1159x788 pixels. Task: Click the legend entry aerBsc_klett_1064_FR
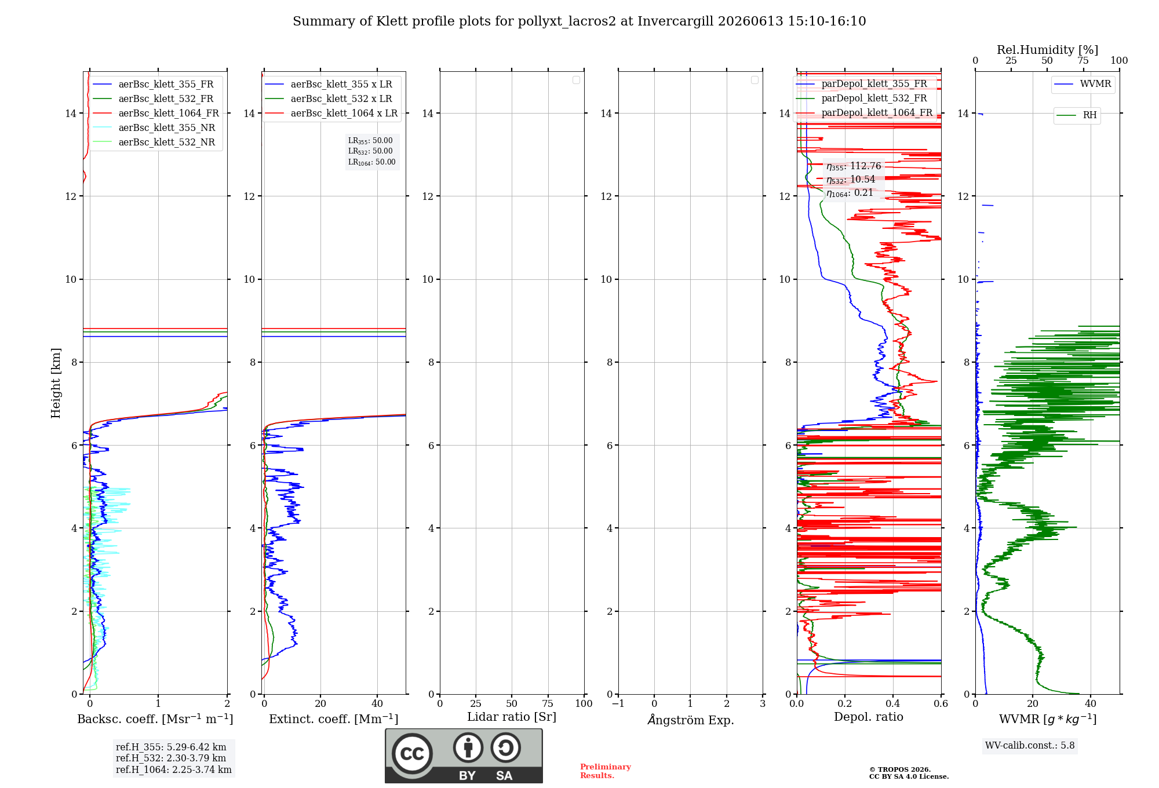pyautogui.click(x=156, y=113)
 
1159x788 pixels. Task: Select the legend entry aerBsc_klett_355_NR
pyautogui.click(x=154, y=127)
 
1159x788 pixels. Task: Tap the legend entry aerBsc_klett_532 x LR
pyautogui.click(x=329, y=99)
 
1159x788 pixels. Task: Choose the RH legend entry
pyautogui.click(x=1077, y=115)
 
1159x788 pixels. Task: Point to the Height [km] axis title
pyautogui.click(x=56, y=383)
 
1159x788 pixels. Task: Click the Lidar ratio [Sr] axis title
pyautogui.click(x=512, y=717)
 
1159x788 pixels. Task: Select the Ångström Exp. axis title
pyautogui.click(x=691, y=719)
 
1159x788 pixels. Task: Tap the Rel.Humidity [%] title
pyautogui.click(x=1047, y=50)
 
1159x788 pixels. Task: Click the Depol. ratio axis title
pyautogui.click(x=869, y=717)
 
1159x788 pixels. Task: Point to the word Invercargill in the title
pyautogui.click(x=676, y=21)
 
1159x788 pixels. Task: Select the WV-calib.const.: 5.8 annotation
pyautogui.click(x=1030, y=745)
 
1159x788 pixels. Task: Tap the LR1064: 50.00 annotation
pyautogui.click(x=372, y=162)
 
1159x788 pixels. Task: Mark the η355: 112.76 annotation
pyautogui.click(x=854, y=166)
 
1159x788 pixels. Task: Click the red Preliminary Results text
pyautogui.click(x=606, y=771)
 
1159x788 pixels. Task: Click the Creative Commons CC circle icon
pyautogui.click(x=412, y=753)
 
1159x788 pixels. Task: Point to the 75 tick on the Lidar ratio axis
pyautogui.click(x=548, y=703)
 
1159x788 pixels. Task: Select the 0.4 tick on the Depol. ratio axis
pyautogui.click(x=893, y=703)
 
